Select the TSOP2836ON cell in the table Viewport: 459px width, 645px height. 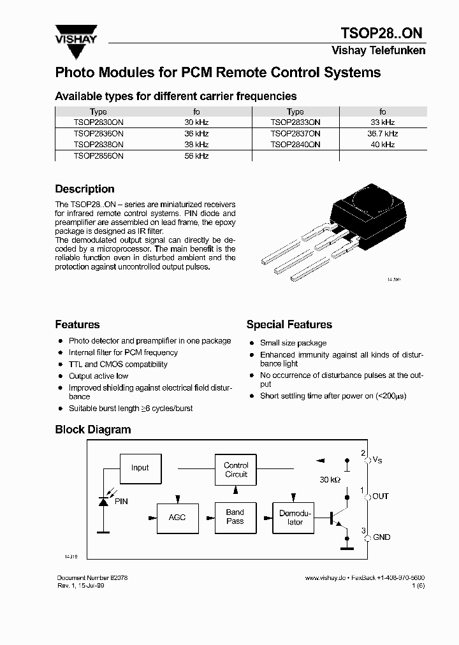(x=98, y=134)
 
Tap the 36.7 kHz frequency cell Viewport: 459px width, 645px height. (x=382, y=134)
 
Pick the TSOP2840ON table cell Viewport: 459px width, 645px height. (x=295, y=145)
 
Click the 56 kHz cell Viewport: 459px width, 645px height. (x=196, y=156)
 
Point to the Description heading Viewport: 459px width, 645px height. (x=85, y=189)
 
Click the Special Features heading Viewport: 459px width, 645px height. (x=289, y=324)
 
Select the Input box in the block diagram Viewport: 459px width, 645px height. (x=140, y=468)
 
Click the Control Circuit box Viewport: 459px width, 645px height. (x=236, y=470)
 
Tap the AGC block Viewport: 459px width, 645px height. (x=177, y=517)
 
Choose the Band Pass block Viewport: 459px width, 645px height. (x=235, y=517)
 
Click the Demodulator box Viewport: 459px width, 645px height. (x=295, y=517)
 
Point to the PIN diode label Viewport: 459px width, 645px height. (x=121, y=502)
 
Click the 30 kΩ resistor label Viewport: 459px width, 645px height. (x=330, y=480)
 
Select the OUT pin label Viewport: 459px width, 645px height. (x=381, y=496)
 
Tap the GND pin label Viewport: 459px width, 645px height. (x=381, y=537)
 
